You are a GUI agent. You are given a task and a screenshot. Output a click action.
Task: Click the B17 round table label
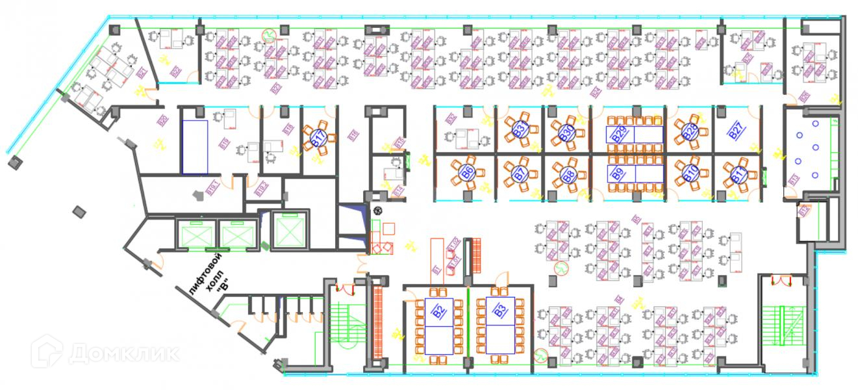(318, 138)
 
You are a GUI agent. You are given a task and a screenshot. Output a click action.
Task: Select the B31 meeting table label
(519, 129)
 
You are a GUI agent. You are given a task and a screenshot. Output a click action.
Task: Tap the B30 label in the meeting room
(566, 133)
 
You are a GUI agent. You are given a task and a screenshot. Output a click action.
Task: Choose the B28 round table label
(689, 133)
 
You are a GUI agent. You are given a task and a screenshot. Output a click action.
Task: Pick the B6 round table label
(466, 173)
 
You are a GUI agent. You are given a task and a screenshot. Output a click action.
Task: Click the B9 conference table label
(618, 174)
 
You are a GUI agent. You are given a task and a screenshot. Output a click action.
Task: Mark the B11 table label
(738, 174)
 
